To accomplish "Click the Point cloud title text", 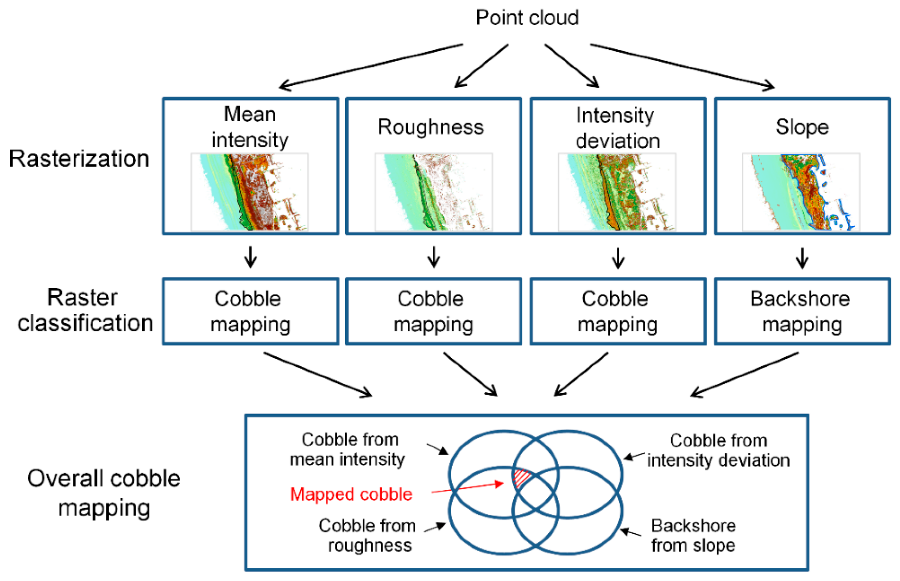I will (527, 18).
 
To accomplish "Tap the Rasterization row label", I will (79, 159).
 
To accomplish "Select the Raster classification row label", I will (84, 310).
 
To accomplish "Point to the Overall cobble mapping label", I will (104, 493).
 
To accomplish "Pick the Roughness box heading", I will (431, 127).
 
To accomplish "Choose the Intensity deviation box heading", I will (617, 127).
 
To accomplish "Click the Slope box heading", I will (802, 127).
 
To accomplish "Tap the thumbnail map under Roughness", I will (433, 192).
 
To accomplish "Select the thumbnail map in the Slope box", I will (801, 192).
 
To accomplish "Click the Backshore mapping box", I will (802, 311).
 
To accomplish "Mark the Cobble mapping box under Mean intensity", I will (250, 311).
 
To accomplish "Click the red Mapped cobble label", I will (351, 494).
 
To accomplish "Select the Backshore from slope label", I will (693, 535).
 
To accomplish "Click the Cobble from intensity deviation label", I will (718, 450).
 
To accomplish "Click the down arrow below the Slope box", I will (802, 258).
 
